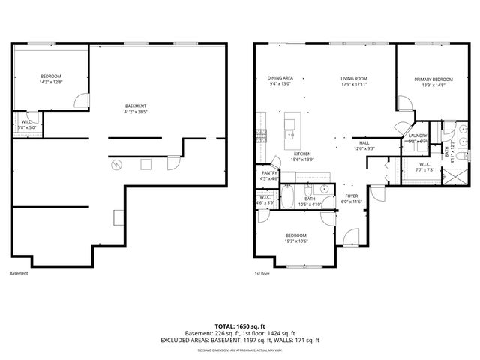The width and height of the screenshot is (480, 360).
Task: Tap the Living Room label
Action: (x=354, y=78)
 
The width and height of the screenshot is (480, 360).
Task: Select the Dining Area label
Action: (x=280, y=78)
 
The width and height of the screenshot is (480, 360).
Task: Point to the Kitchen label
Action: (x=302, y=153)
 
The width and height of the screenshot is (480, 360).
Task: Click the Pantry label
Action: (x=269, y=172)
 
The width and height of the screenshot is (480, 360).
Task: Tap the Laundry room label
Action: (x=418, y=136)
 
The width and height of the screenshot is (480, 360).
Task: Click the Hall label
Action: (x=364, y=142)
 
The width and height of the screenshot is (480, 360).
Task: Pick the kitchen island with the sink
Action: (x=289, y=129)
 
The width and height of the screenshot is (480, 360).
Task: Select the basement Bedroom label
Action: (x=51, y=76)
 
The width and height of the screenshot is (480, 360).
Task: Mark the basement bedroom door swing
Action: (x=84, y=100)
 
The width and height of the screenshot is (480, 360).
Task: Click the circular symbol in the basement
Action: (x=115, y=164)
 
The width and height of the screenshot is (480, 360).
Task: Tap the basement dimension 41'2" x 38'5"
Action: (x=136, y=113)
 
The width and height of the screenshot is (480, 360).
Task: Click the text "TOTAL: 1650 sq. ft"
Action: (x=240, y=327)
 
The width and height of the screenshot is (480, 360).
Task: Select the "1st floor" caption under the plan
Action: (x=262, y=274)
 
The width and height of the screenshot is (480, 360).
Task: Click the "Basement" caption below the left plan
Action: (x=19, y=274)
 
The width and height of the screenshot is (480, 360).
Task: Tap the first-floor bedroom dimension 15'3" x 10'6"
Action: (x=296, y=241)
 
